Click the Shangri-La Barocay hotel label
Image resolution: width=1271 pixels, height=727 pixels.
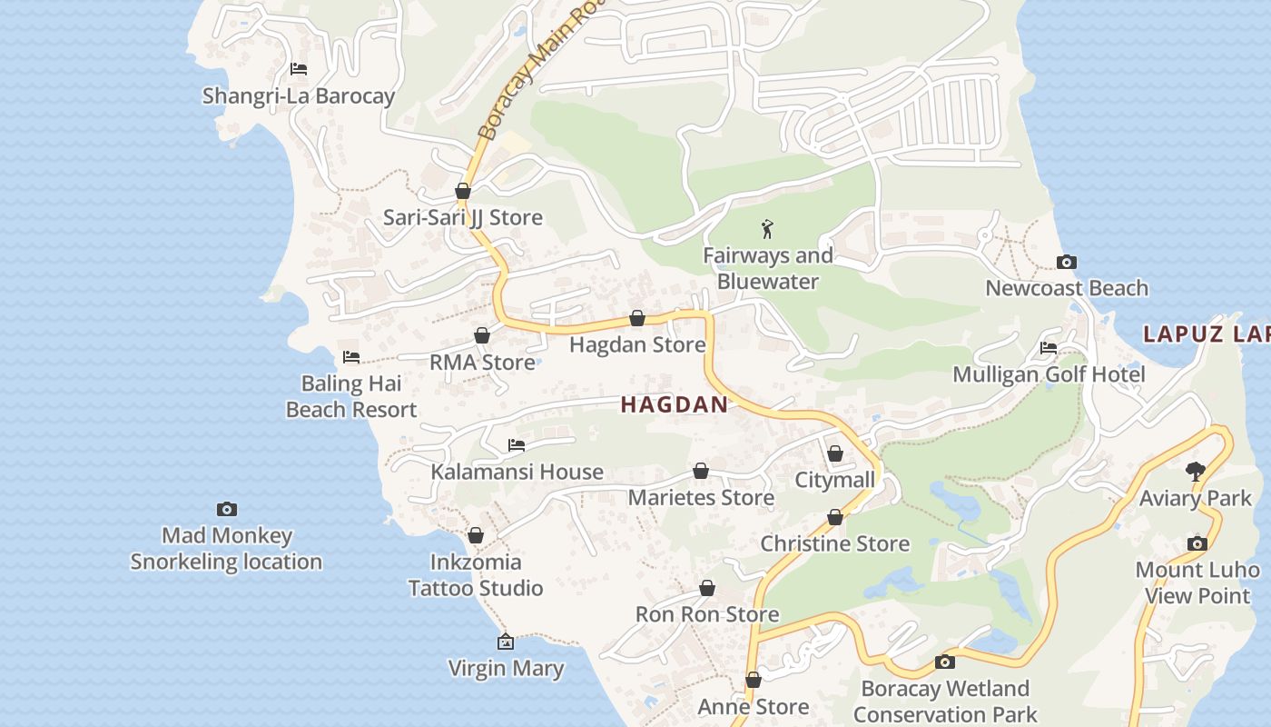tap(298, 96)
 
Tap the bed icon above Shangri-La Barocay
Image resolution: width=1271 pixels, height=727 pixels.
tap(298, 69)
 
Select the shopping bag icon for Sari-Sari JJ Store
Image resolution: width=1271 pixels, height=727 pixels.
tap(463, 191)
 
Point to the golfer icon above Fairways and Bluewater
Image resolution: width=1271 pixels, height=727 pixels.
tap(768, 229)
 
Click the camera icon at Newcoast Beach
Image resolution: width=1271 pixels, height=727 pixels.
tap(1067, 263)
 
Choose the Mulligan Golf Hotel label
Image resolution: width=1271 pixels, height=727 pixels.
tap(1048, 374)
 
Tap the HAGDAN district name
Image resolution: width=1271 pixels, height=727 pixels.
tap(674, 405)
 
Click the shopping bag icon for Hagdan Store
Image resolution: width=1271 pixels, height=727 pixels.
tap(637, 318)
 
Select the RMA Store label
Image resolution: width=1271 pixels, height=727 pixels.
tap(482, 363)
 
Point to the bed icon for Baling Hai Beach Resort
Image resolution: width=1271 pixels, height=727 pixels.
tap(351, 357)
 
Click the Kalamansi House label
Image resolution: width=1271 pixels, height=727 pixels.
tap(517, 472)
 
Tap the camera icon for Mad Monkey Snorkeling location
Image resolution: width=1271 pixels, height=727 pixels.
tap(226, 509)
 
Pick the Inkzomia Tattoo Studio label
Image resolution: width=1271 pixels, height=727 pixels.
tap(476, 575)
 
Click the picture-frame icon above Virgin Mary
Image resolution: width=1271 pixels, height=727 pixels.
tap(506, 642)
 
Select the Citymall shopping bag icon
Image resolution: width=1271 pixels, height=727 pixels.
tap(835, 453)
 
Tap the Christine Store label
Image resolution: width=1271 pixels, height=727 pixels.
tap(834, 543)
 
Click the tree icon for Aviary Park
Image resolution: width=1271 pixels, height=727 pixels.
tap(1196, 472)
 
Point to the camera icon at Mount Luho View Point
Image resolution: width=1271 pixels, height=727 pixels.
tap(1197, 543)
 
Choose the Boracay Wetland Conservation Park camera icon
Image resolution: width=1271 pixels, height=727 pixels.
tap(945, 662)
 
